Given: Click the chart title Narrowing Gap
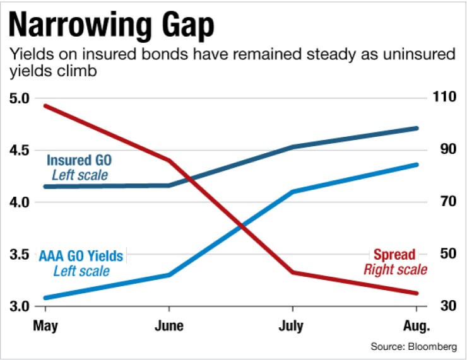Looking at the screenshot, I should [111, 26].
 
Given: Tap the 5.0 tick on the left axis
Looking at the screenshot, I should [20, 98].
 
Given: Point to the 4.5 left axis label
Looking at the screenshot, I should [20, 151].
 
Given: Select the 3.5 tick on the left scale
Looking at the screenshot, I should [20, 255].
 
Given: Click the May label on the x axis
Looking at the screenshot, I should [45, 326].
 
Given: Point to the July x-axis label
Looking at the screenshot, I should [292, 326].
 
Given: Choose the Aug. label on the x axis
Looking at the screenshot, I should [415, 326].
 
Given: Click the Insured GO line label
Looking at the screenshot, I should [79, 160].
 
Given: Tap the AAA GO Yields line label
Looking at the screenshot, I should [81, 256].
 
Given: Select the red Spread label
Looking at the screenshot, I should [394, 255].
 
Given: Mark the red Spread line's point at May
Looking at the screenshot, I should [45, 105].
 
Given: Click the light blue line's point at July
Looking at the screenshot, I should [292, 191].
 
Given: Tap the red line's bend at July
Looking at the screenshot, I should [292, 272].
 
